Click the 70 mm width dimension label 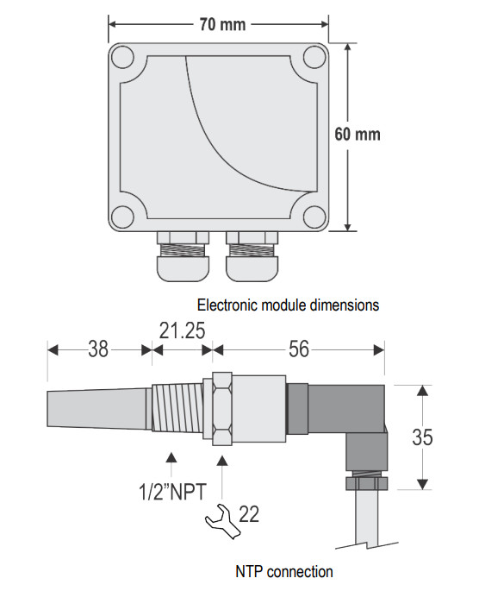click(222, 24)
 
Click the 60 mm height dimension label click(358, 135)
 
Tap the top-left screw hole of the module click(123, 57)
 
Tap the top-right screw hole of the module click(314, 57)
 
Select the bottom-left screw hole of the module click(123, 217)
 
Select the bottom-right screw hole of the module click(314, 217)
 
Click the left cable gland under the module click(183, 256)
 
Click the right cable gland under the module click(252, 256)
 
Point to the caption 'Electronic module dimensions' click(288, 305)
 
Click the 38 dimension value click(98, 349)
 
